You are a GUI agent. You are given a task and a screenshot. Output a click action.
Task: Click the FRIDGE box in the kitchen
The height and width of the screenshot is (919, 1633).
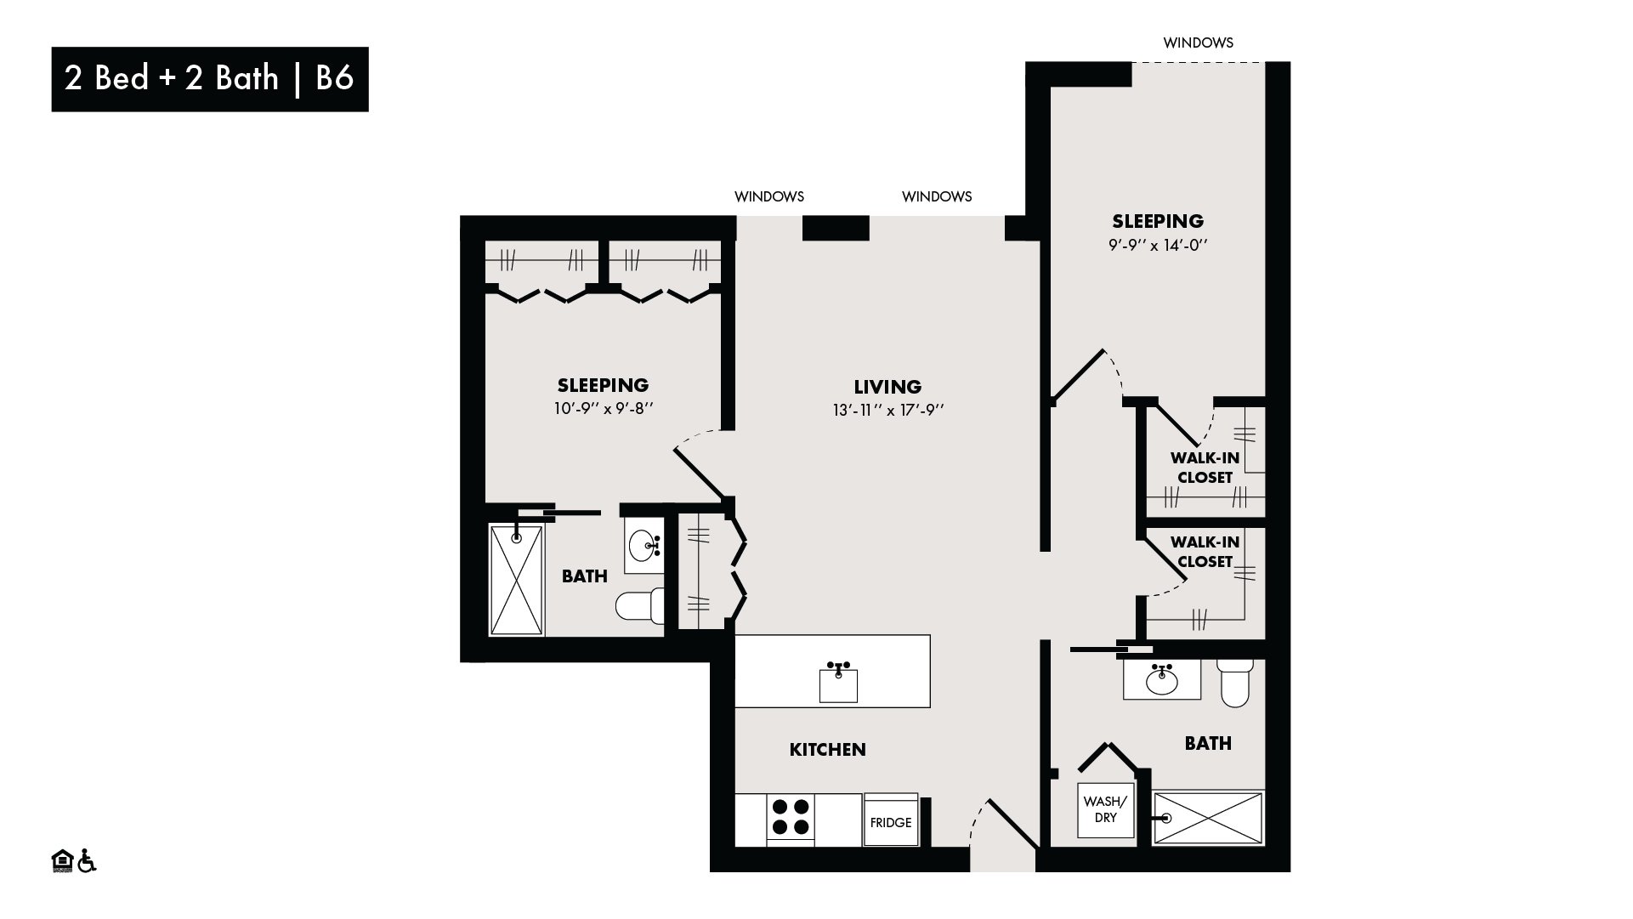891,820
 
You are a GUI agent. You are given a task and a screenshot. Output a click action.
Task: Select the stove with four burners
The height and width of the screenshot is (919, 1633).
791,819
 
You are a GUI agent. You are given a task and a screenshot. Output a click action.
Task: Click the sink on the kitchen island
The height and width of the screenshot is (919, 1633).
838,683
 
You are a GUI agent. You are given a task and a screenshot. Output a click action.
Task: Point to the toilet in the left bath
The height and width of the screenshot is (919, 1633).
639,604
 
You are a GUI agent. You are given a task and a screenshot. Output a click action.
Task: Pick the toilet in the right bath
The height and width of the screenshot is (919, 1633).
1234,682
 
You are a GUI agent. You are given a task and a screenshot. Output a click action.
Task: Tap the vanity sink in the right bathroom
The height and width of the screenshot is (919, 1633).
1162,680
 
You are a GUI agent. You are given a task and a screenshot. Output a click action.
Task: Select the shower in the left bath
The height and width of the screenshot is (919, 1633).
517,580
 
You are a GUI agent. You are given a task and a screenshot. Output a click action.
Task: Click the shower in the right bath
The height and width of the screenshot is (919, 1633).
1208,818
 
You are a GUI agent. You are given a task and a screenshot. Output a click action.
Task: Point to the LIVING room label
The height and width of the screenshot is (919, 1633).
887,387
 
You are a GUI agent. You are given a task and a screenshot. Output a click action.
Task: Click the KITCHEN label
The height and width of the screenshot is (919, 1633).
828,749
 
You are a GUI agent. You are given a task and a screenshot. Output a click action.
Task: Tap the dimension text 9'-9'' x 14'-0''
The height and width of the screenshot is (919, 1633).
1159,245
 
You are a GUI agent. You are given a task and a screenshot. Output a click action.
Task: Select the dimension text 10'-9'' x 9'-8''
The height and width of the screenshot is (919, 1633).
604,408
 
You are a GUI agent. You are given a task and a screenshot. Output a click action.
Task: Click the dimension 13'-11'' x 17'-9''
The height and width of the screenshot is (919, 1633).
889,410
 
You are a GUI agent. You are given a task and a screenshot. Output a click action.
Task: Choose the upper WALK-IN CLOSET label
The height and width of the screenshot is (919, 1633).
1205,468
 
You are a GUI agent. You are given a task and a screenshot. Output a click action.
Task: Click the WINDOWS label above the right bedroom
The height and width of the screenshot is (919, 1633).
1198,43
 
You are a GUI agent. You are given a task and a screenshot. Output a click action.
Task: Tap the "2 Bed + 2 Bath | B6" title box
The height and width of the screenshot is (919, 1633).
210,79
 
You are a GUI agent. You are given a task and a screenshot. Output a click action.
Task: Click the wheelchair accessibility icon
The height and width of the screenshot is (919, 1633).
87,860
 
